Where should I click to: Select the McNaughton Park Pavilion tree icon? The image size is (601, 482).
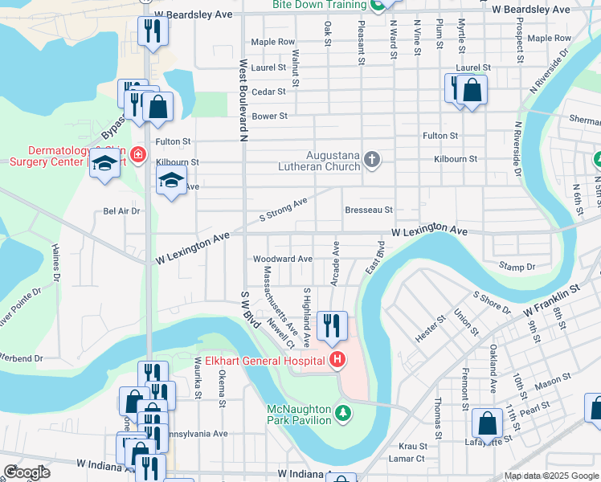pos(343,413)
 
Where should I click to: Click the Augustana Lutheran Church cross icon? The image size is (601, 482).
pos(371,159)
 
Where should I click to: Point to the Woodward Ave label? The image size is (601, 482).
pos(282,259)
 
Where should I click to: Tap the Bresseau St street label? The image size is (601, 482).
pos(368,210)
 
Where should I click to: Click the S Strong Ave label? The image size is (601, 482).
pos(283,211)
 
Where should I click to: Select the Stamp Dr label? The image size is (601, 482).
pos(517,267)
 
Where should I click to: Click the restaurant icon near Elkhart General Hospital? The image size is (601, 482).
pos(332,325)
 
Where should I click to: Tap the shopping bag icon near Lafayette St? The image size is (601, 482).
pos(487,423)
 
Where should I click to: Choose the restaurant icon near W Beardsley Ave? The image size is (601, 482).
pos(150,31)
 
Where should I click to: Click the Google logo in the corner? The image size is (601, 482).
pos(27,472)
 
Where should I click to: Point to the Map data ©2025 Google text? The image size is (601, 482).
pos(550,476)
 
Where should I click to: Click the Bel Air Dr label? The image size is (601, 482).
pos(122,212)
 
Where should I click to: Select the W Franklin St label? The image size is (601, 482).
pos(551,298)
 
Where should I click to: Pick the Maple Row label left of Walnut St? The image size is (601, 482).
pos(272,42)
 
